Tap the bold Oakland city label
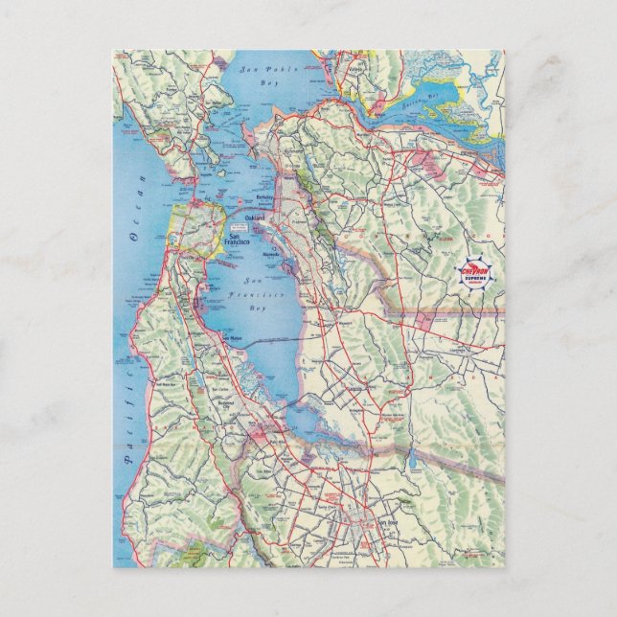[254, 219]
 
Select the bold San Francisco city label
[236, 240]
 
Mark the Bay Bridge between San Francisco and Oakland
[230, 223]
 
